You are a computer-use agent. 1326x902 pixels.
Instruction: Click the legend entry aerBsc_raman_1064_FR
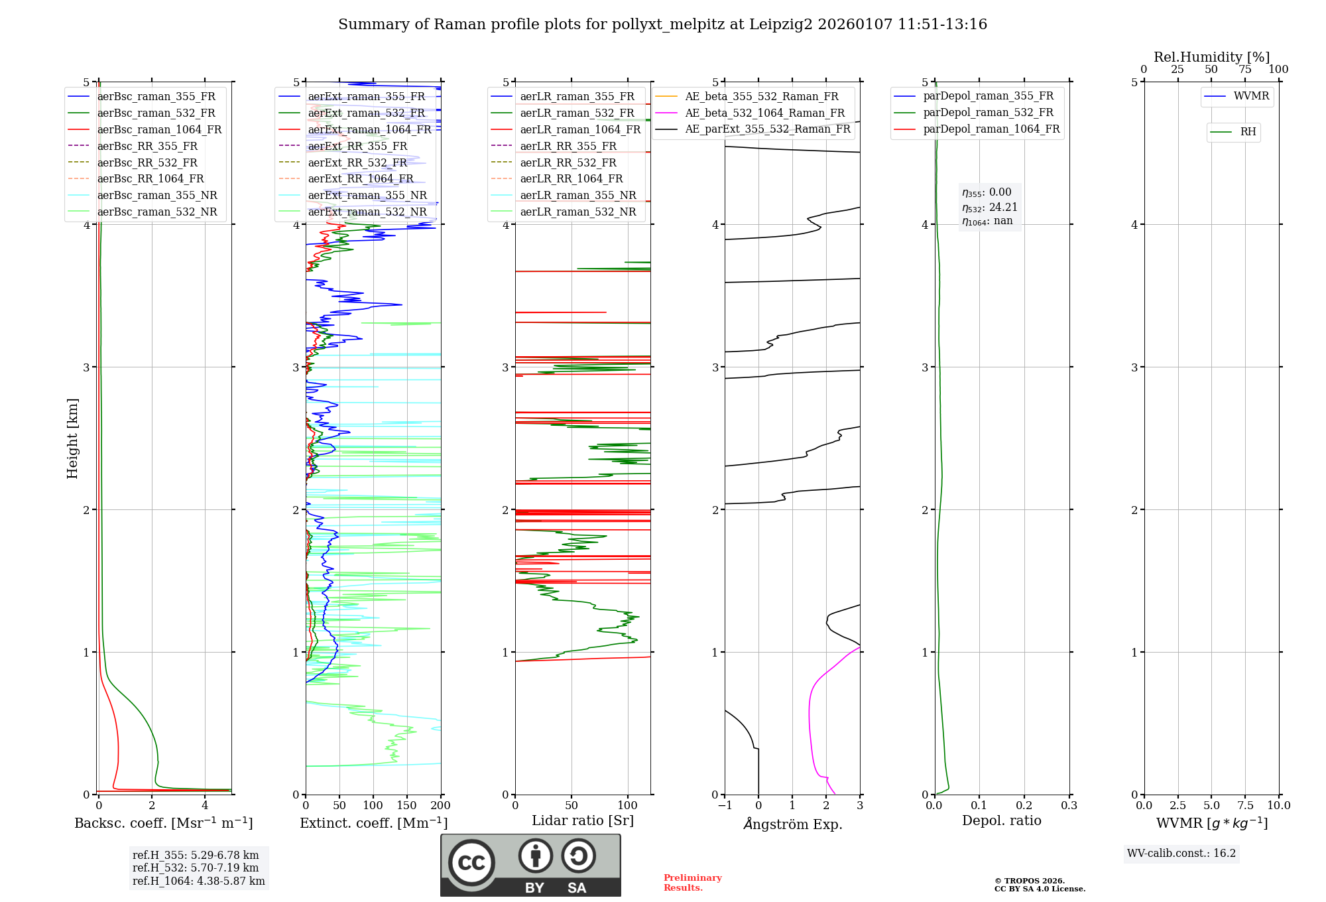click(159, 130)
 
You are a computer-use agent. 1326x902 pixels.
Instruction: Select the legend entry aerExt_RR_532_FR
click(357, 162)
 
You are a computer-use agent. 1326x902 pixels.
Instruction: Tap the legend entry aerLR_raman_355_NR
click(577, 196)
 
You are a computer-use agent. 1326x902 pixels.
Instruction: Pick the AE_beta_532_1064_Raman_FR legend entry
click(764, 113)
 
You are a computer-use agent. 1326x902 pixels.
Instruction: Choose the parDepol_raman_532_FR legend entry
click(988, 113)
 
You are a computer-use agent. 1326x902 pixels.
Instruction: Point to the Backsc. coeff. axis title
click(163, 823)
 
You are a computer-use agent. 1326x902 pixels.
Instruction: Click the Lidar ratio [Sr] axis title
click(582, 820)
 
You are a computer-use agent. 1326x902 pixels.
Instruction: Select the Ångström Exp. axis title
click(792, 824)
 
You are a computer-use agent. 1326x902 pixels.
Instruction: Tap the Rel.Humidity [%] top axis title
click(1211, 57)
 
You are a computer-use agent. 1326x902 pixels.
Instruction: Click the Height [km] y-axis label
click(72, 438)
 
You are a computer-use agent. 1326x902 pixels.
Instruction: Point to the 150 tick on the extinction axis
click(406, 806)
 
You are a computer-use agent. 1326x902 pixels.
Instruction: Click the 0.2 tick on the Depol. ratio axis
click(1024, 806)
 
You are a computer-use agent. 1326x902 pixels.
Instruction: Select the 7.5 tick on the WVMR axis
click(1245, 806)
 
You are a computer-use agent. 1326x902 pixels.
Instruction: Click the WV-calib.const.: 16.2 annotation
click(1181, 854)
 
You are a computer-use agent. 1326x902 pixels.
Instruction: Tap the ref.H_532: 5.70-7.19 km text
click(196, 868)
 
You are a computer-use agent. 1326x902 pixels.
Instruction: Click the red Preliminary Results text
click(692, 883)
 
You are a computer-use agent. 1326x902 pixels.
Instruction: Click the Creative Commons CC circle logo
click(471, 863)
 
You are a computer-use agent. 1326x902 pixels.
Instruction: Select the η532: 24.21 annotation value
click(990, 208)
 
